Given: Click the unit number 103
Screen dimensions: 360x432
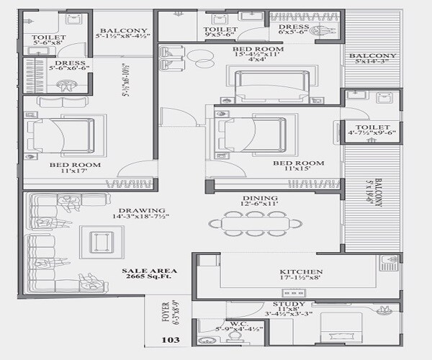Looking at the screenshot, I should coord(171,339).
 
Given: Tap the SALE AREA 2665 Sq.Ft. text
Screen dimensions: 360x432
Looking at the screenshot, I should coord(149,275).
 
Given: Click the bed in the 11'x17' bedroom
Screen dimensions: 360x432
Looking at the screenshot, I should coord(62,134).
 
